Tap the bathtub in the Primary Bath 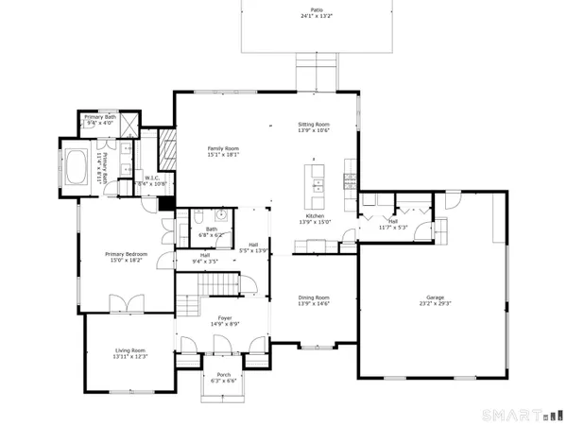click(77, 168)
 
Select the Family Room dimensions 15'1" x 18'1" click(224, 157)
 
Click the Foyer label click(222, 318)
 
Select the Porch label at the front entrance click(224, 374)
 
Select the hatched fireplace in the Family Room click(166, 147)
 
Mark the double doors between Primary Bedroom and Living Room click(126, 304)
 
